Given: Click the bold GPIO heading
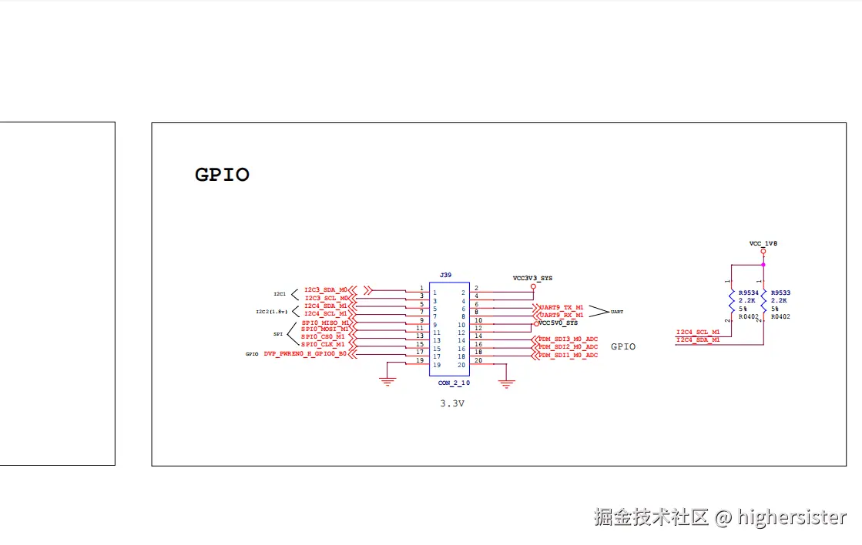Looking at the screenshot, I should (x=222, y=176).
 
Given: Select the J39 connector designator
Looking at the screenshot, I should (x=445, y=275).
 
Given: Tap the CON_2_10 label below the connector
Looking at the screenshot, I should (x=454, y=383).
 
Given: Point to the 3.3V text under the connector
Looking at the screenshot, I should (x=452, y=403).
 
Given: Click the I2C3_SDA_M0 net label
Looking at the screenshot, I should (x=326, y=289).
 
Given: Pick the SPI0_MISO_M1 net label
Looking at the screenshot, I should (x=324, y=323).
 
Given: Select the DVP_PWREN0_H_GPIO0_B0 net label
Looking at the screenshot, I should (x=305, y=354).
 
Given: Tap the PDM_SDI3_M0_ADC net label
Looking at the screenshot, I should (x=568, y=339).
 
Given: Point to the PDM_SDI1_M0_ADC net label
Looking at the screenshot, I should (x=568, y=355).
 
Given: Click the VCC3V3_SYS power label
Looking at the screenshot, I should (x=532, y=277).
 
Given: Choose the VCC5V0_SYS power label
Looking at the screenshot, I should (x=558, y=323).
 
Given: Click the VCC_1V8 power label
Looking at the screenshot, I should (x=763, y=243).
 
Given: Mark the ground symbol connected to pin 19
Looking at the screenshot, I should (x=388, y=381).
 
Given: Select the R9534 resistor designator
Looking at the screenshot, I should (x=748, y=293).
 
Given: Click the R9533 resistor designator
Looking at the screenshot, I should (x=780, y=293).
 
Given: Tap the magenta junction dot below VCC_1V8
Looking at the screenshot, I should (x=763, y=265).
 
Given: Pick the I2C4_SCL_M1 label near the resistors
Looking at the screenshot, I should (x=698, y=332).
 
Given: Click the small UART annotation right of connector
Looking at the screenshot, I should (x=617, y=313).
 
